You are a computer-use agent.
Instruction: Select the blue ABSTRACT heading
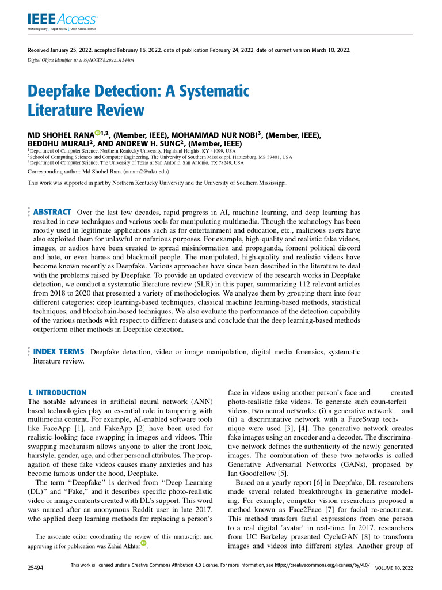click(x=53, y=212)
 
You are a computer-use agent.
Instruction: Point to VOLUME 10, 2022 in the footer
click(x=394, y=568)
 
